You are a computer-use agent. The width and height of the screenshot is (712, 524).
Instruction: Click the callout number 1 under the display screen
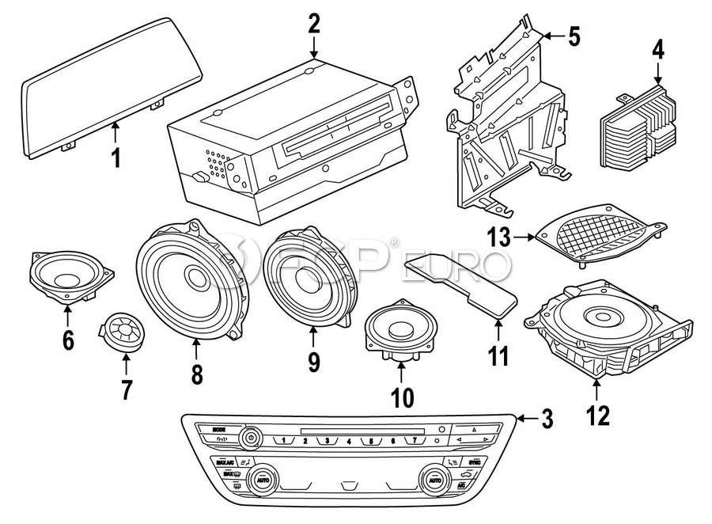coord(116,158)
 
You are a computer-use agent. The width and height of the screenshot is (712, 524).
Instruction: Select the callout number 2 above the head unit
coord(314,23)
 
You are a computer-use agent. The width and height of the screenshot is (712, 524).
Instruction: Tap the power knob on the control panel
coord(252,436)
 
